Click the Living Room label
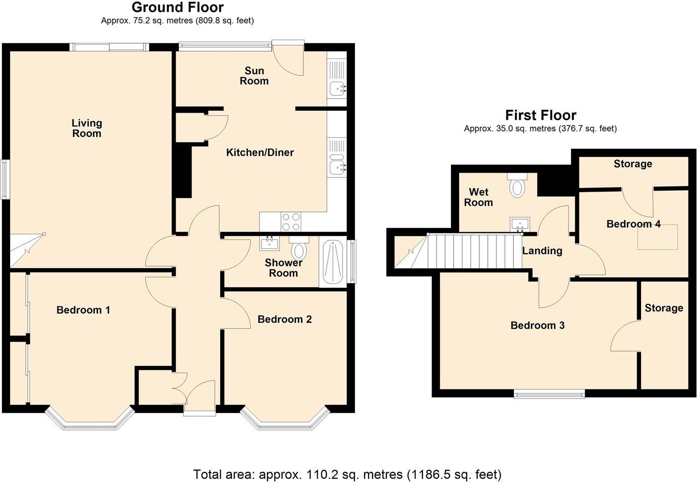(x=86, y=128)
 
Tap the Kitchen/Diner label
(x=259, y=152)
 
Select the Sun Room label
(x=254, y=75)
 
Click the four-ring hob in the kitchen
(x=291, y=222)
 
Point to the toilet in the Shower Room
(x=299, y=247)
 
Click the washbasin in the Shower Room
(x=270, y=244)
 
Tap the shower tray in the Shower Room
(x=333, y=262)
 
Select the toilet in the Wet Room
(x=517, y=185)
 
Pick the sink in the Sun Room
(x=337, y=89)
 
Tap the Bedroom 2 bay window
(x=285, y=418)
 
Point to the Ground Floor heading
(x=178, y=7)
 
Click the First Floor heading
(x=541, y=115)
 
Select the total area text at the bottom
(x=347, y=474)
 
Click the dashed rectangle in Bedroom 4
(x=657, y=237)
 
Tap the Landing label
(x=542, y=251)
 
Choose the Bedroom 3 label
(x=538, y=326)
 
